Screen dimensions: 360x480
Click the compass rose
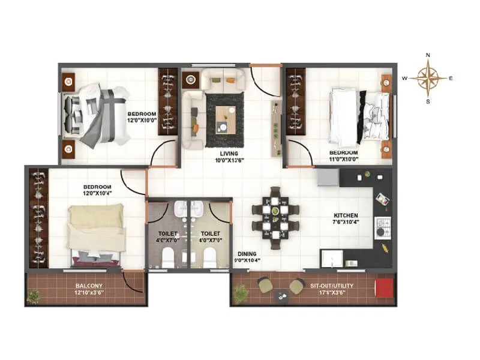point(428,78)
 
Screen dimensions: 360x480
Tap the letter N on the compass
point(428,55)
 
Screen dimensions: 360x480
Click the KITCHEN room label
point(346,215)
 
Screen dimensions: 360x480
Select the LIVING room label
point(228,154)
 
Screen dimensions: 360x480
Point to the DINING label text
point(247,254)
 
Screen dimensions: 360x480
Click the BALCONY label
point(89,286)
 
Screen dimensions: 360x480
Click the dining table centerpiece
point(275,211)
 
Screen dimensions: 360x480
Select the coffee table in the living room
point(225,118)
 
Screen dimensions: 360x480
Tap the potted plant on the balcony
point(34,295)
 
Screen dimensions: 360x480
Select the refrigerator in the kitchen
point(328,178)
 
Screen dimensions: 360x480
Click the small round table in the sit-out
point(280,295)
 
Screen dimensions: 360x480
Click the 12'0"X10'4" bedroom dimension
point(97,194)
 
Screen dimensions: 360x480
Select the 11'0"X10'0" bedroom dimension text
point(344,159)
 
